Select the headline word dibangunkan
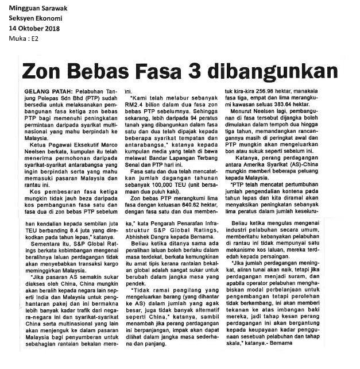tap(274, 72)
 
